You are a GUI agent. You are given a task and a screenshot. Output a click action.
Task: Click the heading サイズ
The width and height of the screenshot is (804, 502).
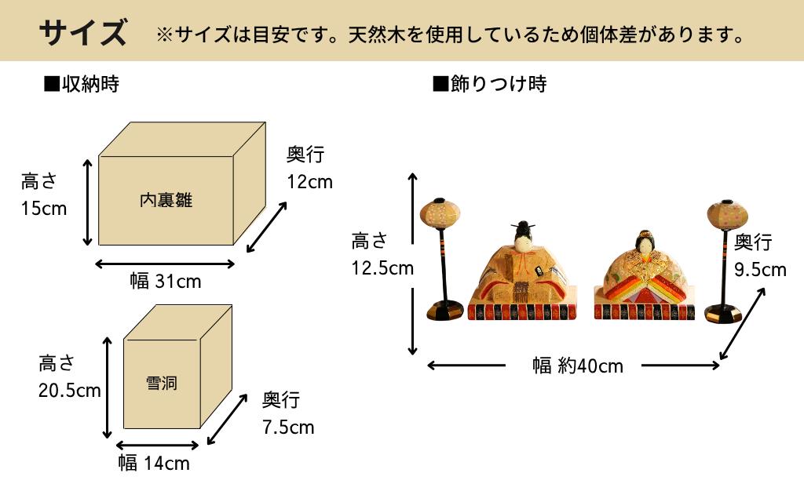pos(82,32)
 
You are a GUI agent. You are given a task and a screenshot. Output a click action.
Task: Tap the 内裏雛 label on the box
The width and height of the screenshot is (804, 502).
pos(166,201)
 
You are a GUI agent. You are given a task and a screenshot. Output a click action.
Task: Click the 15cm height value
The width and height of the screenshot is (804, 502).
pos(44,209)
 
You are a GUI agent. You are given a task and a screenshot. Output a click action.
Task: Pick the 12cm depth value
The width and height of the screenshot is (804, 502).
pos(309,182)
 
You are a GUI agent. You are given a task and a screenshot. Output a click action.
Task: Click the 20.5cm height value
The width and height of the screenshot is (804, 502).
pos(70,390)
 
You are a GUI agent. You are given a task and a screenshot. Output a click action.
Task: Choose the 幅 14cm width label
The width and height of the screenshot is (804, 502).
pos(154,464)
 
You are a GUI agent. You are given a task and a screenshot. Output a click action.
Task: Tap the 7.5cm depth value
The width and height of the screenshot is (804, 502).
pos(288,427)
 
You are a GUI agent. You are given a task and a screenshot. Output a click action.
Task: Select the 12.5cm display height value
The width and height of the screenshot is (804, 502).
pos(382,268)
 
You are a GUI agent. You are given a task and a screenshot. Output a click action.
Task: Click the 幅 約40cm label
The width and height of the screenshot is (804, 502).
pos(578,366)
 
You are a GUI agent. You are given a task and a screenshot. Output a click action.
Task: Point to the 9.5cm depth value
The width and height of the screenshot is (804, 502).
pos(760,270)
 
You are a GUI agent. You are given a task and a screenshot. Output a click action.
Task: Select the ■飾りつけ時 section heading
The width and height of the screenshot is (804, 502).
pos(489,84)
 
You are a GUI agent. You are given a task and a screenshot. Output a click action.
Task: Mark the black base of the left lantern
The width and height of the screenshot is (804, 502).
pos(446,312)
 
